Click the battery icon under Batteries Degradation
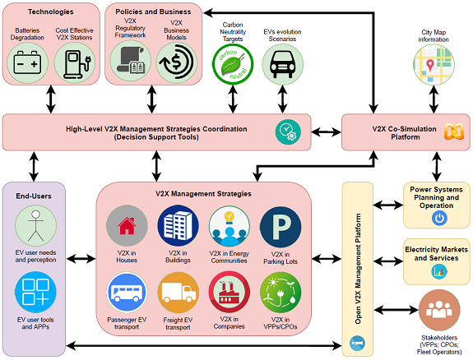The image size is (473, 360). (27, 62)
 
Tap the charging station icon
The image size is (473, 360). (75, 63)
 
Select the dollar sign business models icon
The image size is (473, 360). (177, 62)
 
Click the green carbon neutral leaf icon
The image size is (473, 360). (233, 64)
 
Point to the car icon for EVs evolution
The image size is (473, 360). (282, 64)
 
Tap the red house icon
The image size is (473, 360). (127, 226)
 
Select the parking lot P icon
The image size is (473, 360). (281, 227)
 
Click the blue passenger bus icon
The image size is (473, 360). (127, 292)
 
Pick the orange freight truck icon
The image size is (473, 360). (178, 293)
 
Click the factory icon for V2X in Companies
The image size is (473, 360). (230, 292)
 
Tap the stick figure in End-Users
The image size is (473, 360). (36, 225)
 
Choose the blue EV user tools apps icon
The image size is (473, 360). (35, 292)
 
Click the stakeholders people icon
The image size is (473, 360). (439, 310)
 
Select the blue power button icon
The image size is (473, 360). (439, 219)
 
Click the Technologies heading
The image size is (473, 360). (51, 12)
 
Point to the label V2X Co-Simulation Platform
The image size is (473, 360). (405, 133)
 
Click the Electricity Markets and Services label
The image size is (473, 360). (437, 254)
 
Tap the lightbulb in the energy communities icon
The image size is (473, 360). (230, 217)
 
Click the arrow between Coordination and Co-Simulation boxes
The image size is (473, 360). (326, 132)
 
